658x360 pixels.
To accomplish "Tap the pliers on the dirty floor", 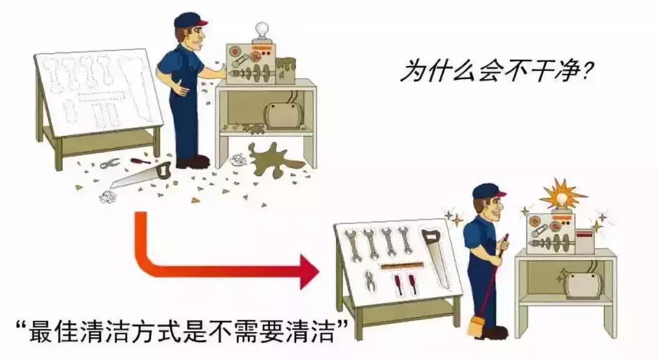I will click(x=110, y=163).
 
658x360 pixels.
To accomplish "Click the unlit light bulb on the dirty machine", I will click(x=261, y=30).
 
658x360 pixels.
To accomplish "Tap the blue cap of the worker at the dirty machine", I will click(x=189, y=19).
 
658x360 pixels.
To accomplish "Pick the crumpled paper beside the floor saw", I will click(x=108, y=196).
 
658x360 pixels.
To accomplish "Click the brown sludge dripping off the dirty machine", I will click(x=285, y=68).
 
